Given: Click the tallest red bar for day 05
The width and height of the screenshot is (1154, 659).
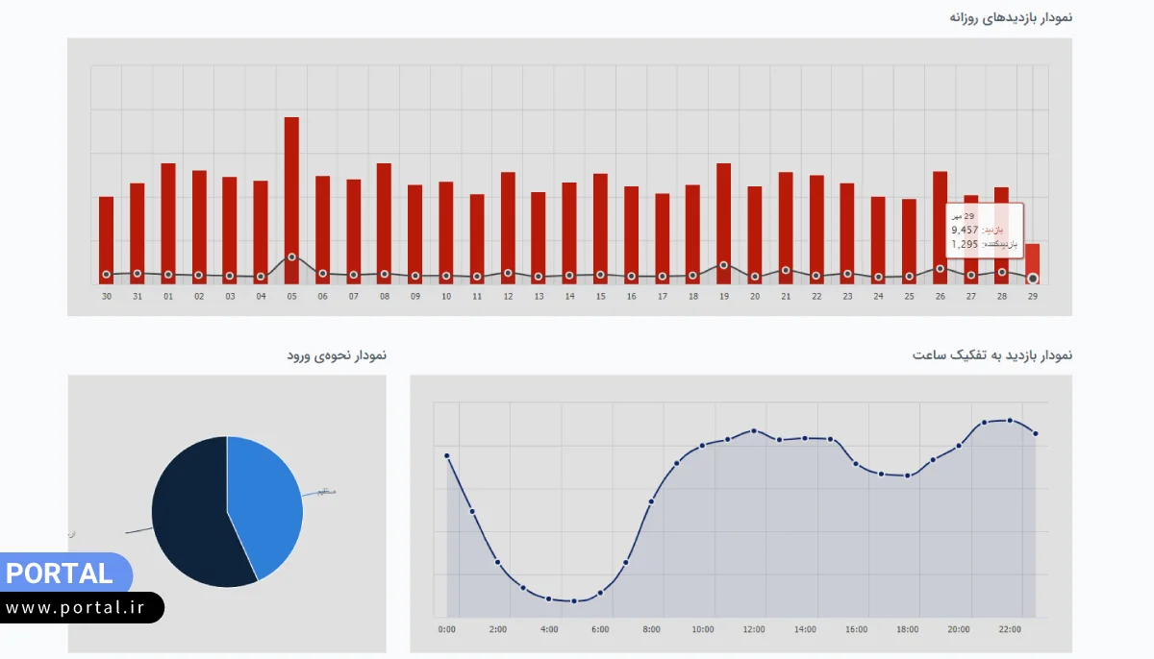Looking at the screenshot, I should pos(291,192).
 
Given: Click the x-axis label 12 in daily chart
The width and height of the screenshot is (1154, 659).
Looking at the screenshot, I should pos(508,297).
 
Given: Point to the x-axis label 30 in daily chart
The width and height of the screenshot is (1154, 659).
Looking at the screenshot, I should pos(106,297).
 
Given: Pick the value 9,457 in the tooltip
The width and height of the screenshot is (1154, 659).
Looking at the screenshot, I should pos(965,231).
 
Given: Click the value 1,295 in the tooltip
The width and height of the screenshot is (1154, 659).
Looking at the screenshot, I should pos(965,244).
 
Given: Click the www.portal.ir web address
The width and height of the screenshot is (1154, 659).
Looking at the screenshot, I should pos(81,607).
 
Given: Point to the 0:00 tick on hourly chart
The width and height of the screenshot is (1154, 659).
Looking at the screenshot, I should pos(447,630).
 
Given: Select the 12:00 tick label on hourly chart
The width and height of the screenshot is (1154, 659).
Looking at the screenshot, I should pos(754,630).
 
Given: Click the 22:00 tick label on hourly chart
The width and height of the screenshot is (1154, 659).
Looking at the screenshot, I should pos(1010,630).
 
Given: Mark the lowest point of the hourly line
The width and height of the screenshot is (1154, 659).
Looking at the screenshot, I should pos(574,601).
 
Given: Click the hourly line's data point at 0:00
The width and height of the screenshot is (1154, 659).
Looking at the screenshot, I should pos(447,455).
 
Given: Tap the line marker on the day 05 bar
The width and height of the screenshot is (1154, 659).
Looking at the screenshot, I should pos(291,256).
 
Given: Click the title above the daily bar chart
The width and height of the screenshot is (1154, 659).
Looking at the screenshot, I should pos(1011,17).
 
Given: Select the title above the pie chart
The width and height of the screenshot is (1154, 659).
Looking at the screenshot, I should pos(337,355).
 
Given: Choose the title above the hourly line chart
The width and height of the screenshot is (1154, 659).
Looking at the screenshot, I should pos(992,355).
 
